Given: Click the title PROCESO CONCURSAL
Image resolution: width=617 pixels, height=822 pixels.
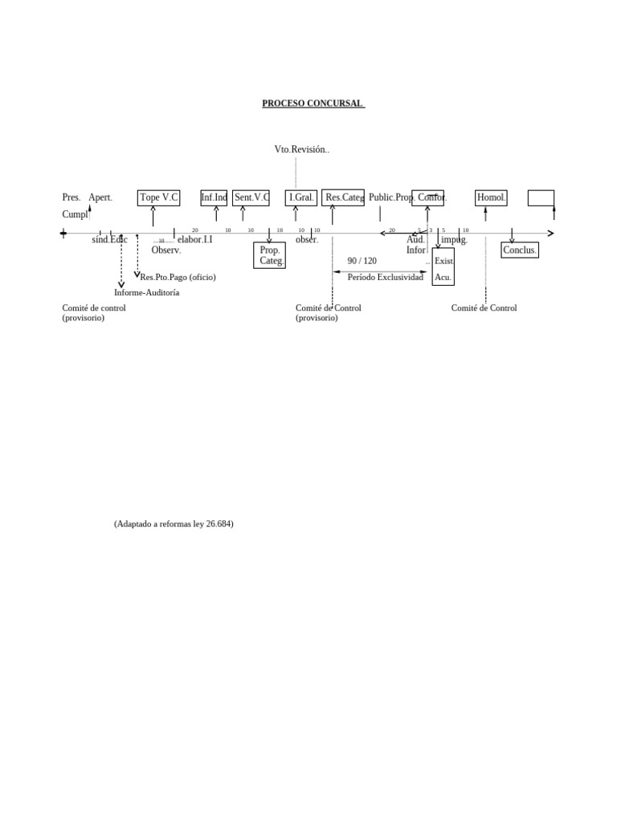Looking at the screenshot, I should (313, 104).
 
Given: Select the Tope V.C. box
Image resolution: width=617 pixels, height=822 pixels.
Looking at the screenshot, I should (158, 197).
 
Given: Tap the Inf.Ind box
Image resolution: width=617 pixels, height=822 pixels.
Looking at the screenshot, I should (214, 197).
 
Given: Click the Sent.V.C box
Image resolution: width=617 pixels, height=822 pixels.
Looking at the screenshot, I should (251, 197).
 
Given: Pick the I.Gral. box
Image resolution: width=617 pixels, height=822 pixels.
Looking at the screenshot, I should (301, 197).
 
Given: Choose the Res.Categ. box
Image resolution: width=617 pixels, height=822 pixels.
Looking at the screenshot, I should (343, 197).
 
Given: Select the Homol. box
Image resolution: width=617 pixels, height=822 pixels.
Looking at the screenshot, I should (491, 197).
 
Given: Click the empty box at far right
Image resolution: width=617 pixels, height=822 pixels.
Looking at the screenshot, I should (541, 197).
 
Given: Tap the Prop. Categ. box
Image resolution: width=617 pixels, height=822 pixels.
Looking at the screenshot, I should (270, 255).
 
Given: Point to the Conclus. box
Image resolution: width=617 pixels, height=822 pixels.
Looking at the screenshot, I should (520, 250).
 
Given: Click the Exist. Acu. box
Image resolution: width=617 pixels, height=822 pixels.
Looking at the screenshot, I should (443, 267).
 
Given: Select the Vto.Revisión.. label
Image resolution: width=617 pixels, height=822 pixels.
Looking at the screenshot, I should (301, 149).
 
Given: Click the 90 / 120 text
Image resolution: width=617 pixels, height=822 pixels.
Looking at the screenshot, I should (362, 261).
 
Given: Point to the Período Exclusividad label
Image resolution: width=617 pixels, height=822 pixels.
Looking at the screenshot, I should (385, 277).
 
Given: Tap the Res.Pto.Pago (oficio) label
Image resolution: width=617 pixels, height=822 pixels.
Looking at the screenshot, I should (178, 277).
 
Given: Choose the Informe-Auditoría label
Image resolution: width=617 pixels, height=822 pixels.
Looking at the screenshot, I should (146, 292).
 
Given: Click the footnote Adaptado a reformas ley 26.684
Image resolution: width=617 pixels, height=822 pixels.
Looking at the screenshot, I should (174, 523).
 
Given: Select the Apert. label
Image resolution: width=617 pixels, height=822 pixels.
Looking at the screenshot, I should (100, 197).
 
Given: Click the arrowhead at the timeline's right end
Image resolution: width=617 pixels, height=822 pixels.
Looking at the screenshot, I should (550, 234).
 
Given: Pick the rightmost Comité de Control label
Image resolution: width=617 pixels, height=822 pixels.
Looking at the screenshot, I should (484, 308).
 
